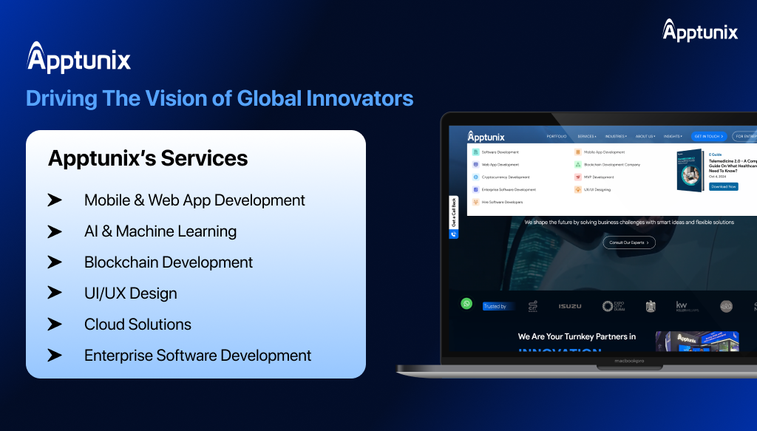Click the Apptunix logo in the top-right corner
coord(700,30)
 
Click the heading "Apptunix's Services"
coord(148,158)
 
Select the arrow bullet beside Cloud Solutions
coord(55,325)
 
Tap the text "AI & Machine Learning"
coord(160,231)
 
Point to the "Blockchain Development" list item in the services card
coord(169,262)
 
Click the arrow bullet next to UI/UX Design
coord(55,293)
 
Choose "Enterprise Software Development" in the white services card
coord(197,356)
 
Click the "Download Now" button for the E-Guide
coord(723,186)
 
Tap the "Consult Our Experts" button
coord(628,242)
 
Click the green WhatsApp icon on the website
coord(466,303)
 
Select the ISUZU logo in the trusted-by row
coord(569,306)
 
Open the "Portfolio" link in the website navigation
coord(557,137)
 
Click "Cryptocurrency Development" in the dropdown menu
coord(505,177)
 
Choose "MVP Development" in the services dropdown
coord(598,177)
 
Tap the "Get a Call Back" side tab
coord(454,214)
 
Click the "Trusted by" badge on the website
coord(495,306)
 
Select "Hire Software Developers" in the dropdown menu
coord(502,202)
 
